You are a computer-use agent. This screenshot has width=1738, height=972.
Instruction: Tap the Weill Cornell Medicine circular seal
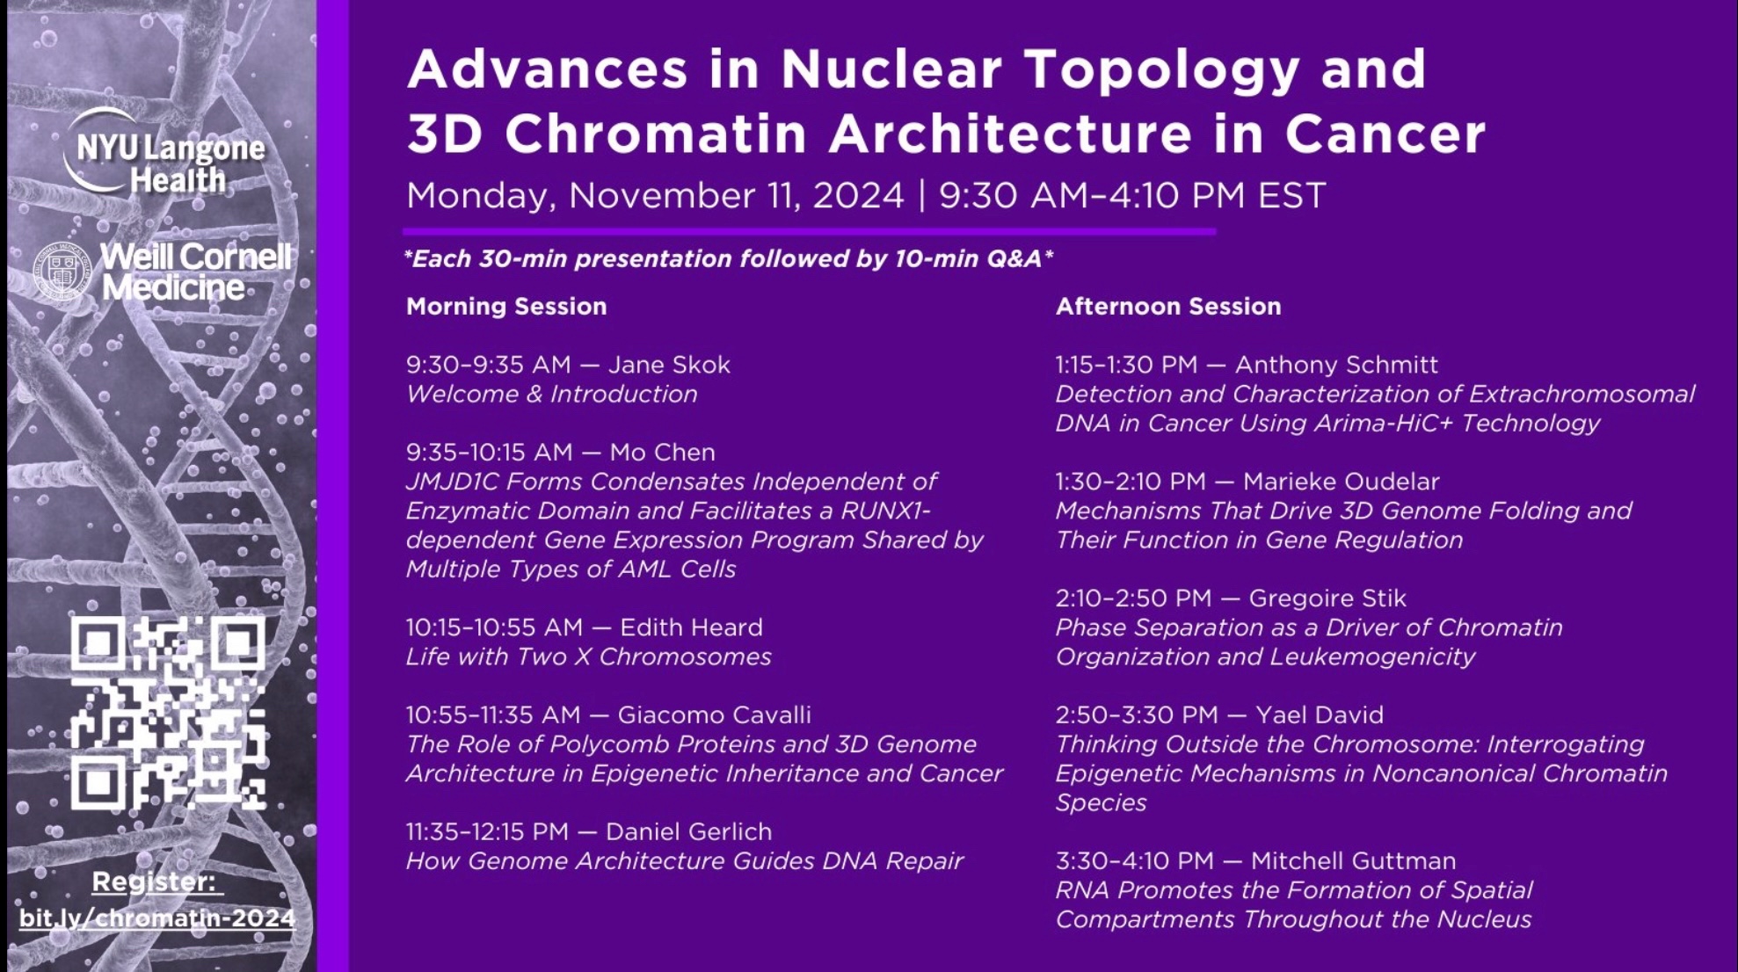pos(62,272)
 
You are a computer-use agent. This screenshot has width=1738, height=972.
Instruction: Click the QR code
pos(168,713)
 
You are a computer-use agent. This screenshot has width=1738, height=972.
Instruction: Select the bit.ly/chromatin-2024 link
pos(157,918)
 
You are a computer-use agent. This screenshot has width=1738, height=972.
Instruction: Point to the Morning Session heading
pos(506,306)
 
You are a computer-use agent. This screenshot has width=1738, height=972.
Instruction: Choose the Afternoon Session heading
pos(1168,306)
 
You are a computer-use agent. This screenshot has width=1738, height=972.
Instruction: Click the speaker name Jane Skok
pos(669,365)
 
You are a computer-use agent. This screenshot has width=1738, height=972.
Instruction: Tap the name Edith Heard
pos(691,627)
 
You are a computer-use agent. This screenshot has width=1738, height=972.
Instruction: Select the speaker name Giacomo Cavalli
pos(714,715)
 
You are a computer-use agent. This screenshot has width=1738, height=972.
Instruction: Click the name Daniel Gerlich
pos(688,831)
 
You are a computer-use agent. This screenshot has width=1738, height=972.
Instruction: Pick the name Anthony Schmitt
pos(1336,365)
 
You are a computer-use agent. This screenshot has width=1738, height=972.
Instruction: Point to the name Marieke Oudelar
pos(1342,482)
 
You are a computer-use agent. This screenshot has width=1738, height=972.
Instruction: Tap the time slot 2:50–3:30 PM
pos(1137,715)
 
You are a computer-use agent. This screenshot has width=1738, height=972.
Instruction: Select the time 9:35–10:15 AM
pos(489,453)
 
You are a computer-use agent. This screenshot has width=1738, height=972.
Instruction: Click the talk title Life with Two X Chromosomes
pos(588,657)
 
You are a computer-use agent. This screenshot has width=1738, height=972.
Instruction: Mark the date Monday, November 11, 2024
pos(655,196)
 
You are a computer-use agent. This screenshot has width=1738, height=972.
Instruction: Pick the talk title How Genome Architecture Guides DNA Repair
pos(685,861)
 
